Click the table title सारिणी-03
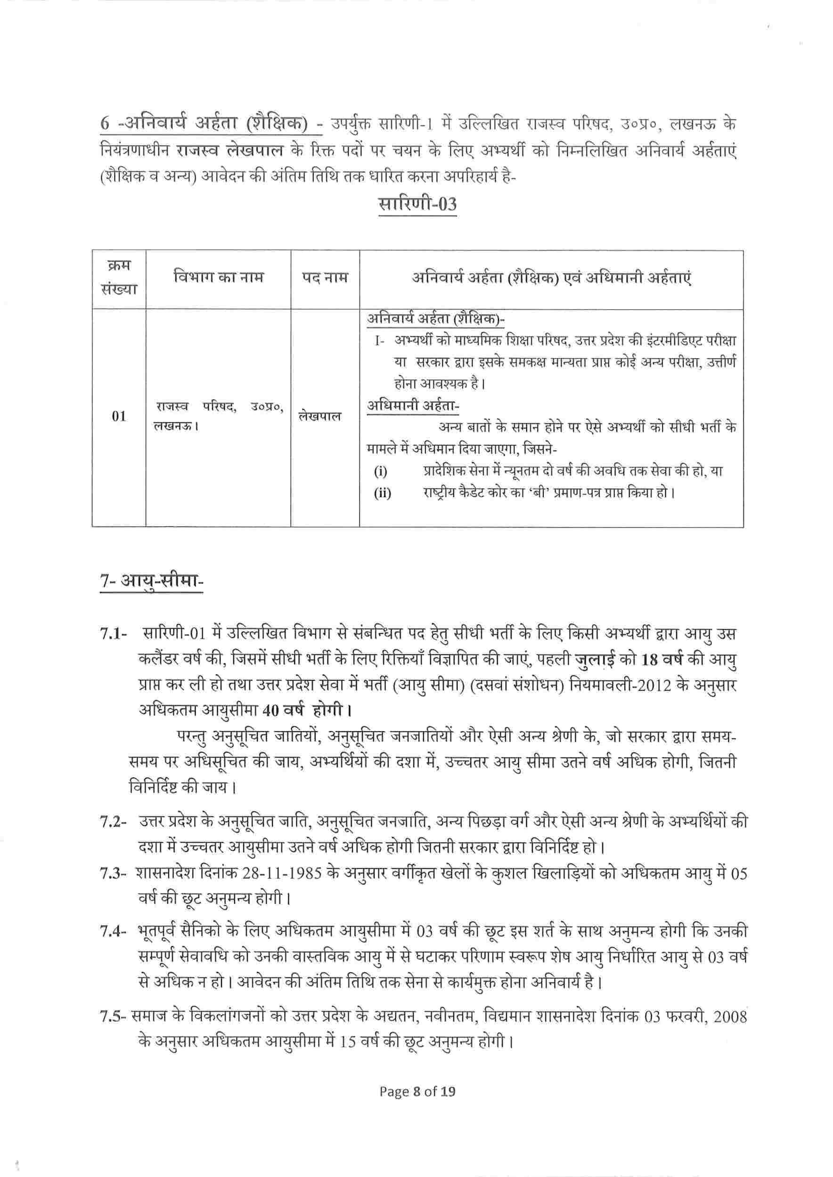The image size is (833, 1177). pos(417,204)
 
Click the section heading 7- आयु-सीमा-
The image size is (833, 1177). pos(152,581)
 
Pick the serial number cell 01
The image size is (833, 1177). pos(119,416)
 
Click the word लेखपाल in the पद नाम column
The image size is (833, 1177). pos(319,416)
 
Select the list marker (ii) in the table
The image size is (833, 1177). pos(382,493)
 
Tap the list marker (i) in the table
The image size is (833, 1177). pos(381,471)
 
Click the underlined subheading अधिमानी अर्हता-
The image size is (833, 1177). pos(413,405)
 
